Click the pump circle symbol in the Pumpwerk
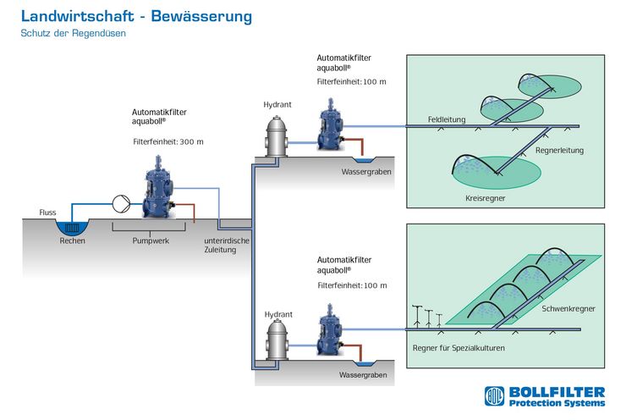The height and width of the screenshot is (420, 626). tap(121, 204)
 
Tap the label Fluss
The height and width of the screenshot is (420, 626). tap(47, 213)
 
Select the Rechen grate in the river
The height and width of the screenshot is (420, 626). tap(72, 228)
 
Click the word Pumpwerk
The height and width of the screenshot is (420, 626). tap(151, 241)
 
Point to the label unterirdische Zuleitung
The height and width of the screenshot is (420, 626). tap(227, 246)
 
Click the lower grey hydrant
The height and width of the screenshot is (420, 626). tap(277, 340)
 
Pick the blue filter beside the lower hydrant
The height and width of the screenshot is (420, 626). tap(330, 329)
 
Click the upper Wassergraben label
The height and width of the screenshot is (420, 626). tap(366, 172)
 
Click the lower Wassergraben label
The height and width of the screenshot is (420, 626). tap(363, 375)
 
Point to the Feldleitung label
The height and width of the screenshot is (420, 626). tap(447, 119)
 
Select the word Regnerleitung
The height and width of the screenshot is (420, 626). tap(559, 151)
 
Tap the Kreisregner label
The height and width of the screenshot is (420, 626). tap(485, 198)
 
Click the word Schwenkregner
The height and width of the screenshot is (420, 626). tap(568, 309)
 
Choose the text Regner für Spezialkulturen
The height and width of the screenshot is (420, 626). tap(459, 348)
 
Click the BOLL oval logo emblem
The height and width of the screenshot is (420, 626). tap(494, 396)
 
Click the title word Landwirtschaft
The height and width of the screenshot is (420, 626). tap(77, 16)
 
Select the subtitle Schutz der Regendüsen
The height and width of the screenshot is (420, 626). tap(73, 33)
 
